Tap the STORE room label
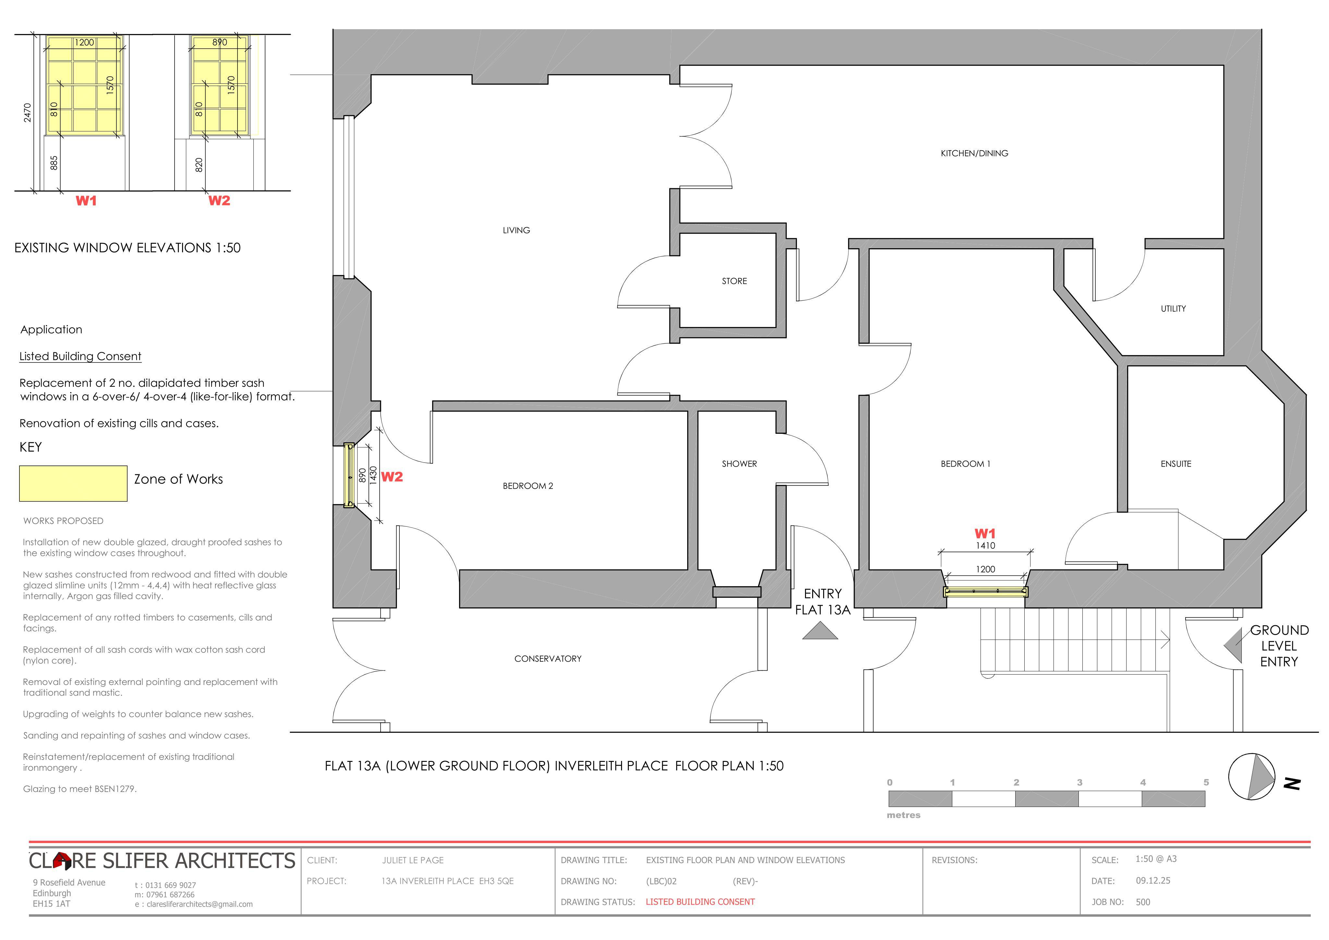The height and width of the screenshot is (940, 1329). pos(734,281)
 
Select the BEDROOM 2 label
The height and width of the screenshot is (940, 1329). pos(528,486)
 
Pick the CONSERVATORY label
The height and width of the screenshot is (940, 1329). pos(548,659)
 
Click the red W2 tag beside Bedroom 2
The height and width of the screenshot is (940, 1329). pos(392,477)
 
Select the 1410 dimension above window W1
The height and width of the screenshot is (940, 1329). pos(985,546)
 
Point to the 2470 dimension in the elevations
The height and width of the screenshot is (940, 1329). pos(27,113)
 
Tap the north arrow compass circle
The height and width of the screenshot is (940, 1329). pos(1251,777)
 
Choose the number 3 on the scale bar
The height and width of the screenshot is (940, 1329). pos(1079,783)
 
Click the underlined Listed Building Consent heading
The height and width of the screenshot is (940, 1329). pos(80,357)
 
